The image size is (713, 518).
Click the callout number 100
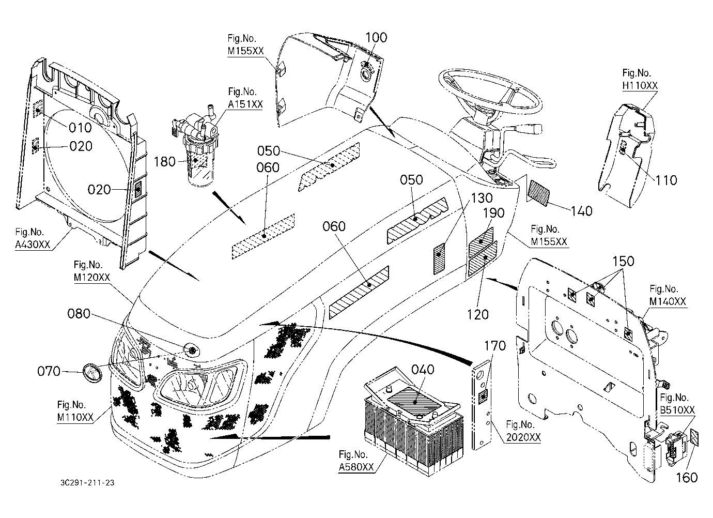(x=376, y=38)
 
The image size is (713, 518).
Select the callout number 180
(x=165, y=162)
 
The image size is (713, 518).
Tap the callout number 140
(x=581, y=211)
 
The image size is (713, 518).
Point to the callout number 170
(x=495, y=346)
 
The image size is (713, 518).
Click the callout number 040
(x=423, y=370)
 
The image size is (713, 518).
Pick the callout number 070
(x=49, y=372)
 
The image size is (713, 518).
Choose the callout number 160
(x=687, y=478)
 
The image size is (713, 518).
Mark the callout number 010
(x=80, y=128)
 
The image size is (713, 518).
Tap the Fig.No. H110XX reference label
(x=640, y=79)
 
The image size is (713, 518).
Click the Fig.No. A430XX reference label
(x=33, y=238)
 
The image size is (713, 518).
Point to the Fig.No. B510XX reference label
(x=677, y=404)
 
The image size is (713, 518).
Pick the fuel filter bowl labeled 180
(x=198, y=165)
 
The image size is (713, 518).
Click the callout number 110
(x=666, y=180)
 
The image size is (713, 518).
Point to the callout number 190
(x=494, y=213)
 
